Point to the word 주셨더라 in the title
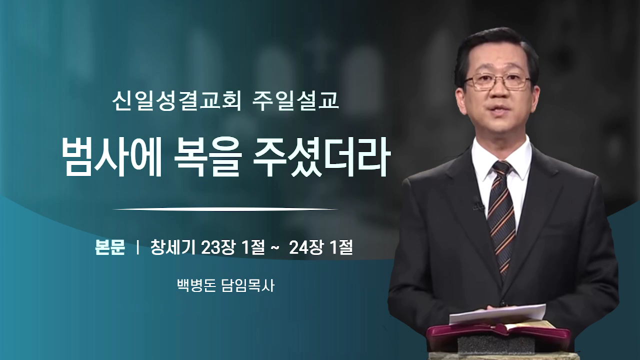[x=322, y=158]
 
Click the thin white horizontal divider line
[x=225, y=209]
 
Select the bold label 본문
[x=110, y=247]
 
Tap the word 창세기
[x=173, y=247]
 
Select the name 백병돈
[x=196, y=285]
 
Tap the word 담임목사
[x=248, y=285]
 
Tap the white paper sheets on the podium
[x=497, y=313]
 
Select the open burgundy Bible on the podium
[x=497, y=335]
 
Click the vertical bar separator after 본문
[x=138, y=247]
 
